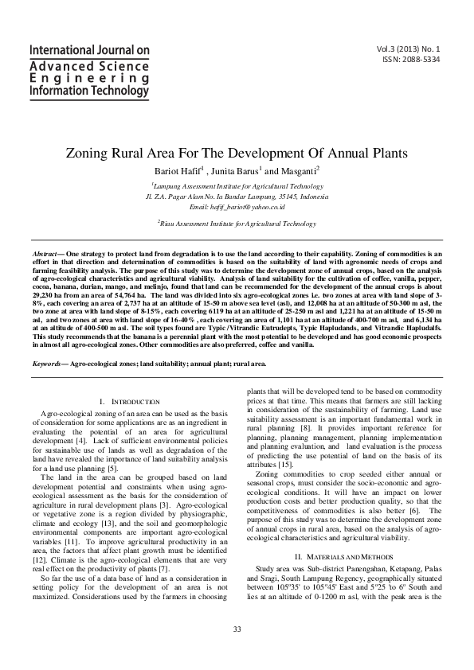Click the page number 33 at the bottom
237,652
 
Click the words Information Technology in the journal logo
89,92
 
